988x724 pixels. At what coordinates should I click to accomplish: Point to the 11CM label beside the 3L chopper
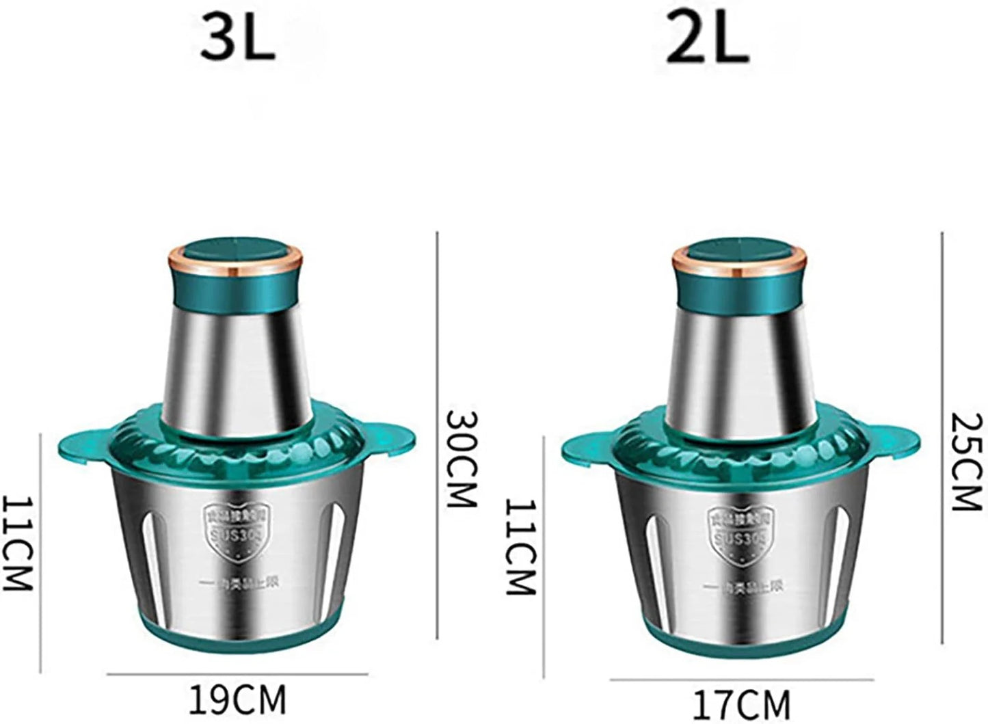(16, 544)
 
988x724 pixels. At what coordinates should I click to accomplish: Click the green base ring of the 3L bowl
(237, 632)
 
